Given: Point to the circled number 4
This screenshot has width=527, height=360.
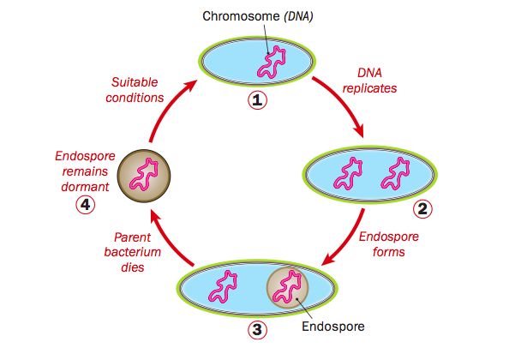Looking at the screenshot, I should pos(84,204).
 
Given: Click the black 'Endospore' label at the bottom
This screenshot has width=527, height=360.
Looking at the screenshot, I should pos(332,327).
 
